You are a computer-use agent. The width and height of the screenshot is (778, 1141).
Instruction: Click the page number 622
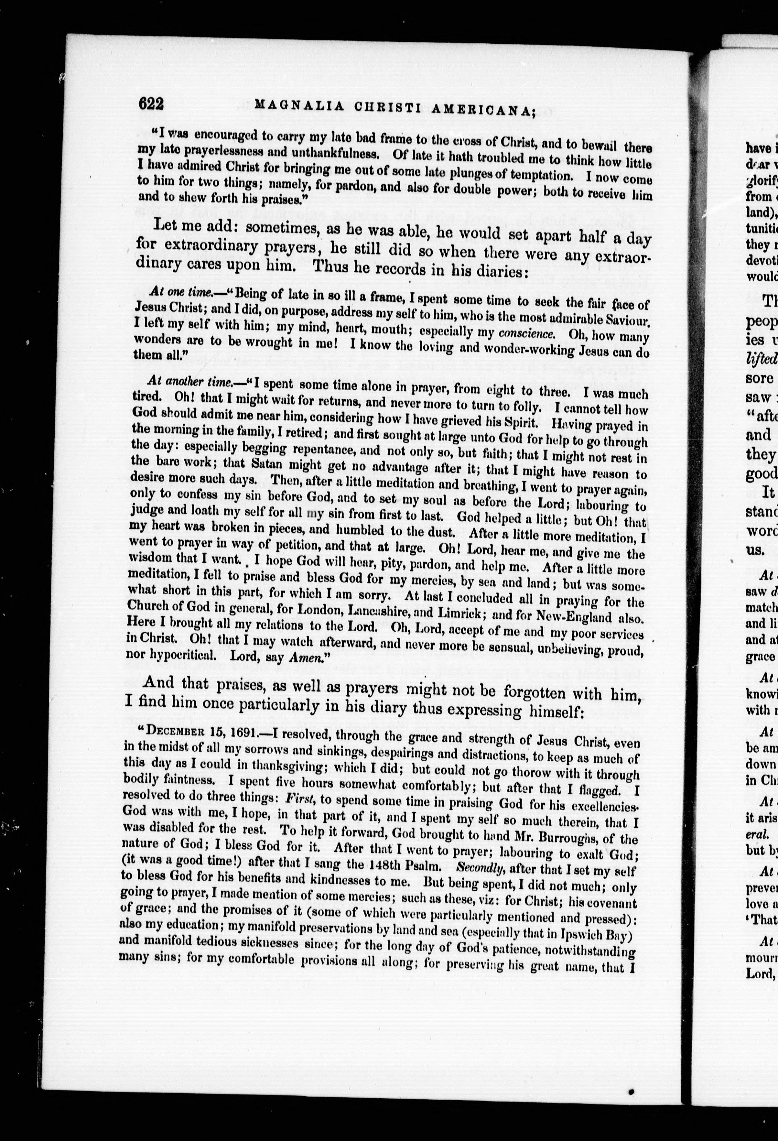click(151, 104)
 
